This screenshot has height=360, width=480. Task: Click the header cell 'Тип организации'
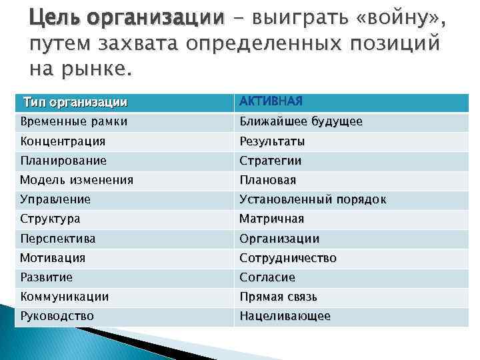click(75, 103)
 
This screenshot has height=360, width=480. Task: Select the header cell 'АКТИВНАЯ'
click(271, 101)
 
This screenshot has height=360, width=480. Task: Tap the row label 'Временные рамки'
click(73, 122)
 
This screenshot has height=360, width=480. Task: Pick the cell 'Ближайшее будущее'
click(301, 122)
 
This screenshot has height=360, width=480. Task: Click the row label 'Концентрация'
click(63, 141)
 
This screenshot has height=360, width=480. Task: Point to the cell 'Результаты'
click(272, 142)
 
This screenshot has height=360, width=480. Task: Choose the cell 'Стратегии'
click(271, 161)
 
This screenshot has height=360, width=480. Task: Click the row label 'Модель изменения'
click(77, 180)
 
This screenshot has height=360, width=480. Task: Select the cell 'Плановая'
click(268, 180)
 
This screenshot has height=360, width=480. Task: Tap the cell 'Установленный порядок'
click(313, 199)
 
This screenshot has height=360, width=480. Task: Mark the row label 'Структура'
click(50, 219)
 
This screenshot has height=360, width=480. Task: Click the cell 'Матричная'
click(272, 219)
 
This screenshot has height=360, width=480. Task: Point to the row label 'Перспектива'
click(58, 238)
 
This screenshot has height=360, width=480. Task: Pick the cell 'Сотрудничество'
click(288, 257)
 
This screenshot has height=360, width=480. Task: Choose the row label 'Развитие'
click(47, 277)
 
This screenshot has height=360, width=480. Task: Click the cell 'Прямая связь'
click(279, 296)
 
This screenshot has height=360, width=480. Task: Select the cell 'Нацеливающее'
click(285, 316)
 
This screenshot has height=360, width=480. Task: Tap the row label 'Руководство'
click(57, 316)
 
